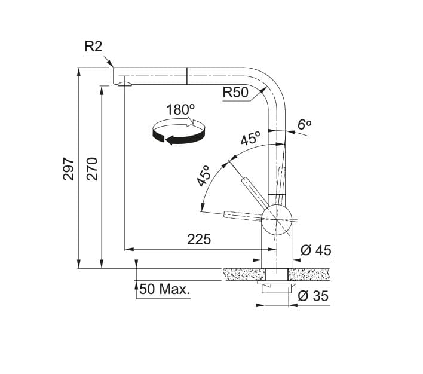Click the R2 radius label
[x=94, y=47]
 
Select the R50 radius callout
[x=235, y=93]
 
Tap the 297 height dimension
[x=69, y=168]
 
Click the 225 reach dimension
[x=199, y=239]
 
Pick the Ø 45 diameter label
[x=315, y=250]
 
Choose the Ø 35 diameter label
[x=313, y=296]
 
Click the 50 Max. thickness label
[x=165, y=290]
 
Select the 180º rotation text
[x=180, y=110]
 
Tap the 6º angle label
[x=305, y=124]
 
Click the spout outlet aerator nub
[x=124, y=85]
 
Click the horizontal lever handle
[x=241, y=215]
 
